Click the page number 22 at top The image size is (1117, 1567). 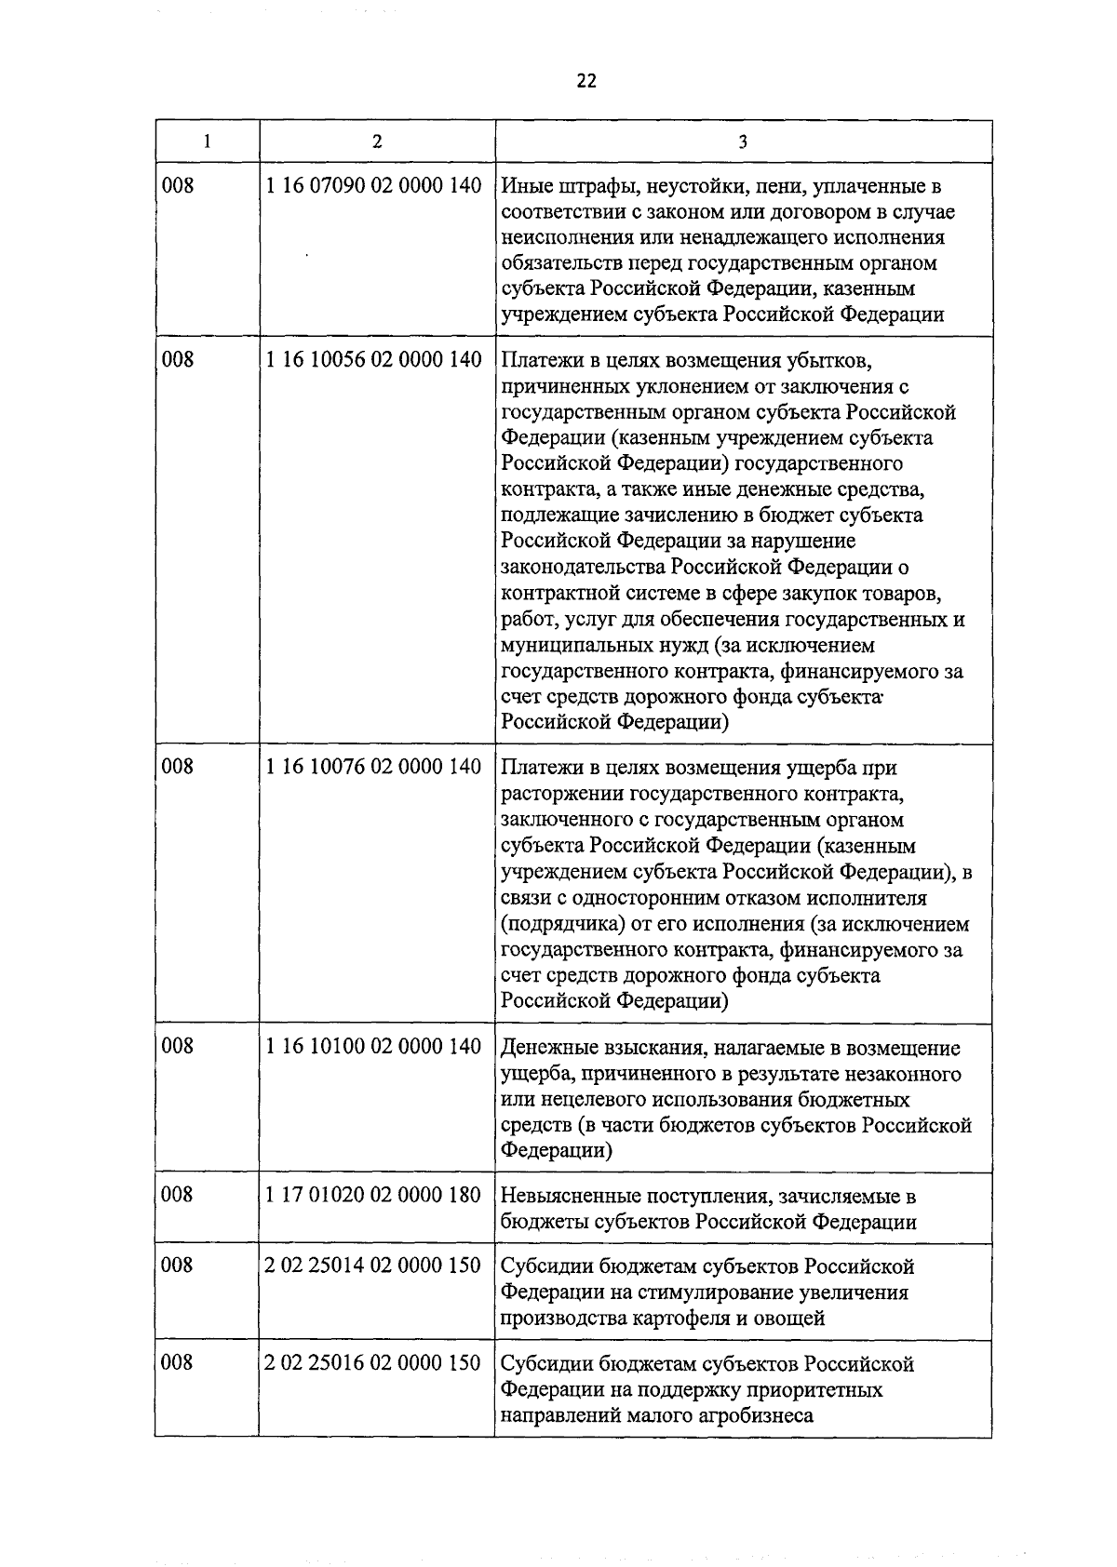(x=585, y=81)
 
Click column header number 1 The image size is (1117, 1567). (x=207, y=141)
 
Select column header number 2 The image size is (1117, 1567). (x=376, y=141)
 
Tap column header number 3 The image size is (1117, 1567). (x=742, y=141)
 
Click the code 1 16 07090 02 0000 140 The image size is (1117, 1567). (x=373, y=185)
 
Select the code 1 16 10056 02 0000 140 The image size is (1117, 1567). (x=373, y=359)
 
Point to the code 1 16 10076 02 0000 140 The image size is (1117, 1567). (x=373, y=767)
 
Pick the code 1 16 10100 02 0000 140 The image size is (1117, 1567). (x=373, y=1047)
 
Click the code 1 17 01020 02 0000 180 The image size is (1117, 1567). (x=373, y=1194)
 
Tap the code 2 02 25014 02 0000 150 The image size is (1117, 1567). (x=373, y=1265)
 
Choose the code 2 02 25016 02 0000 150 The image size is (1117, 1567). (x=373, y=1363)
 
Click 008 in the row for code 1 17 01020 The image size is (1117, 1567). (x=178, y=1194)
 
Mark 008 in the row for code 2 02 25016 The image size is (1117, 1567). (x=178, y=1363)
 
